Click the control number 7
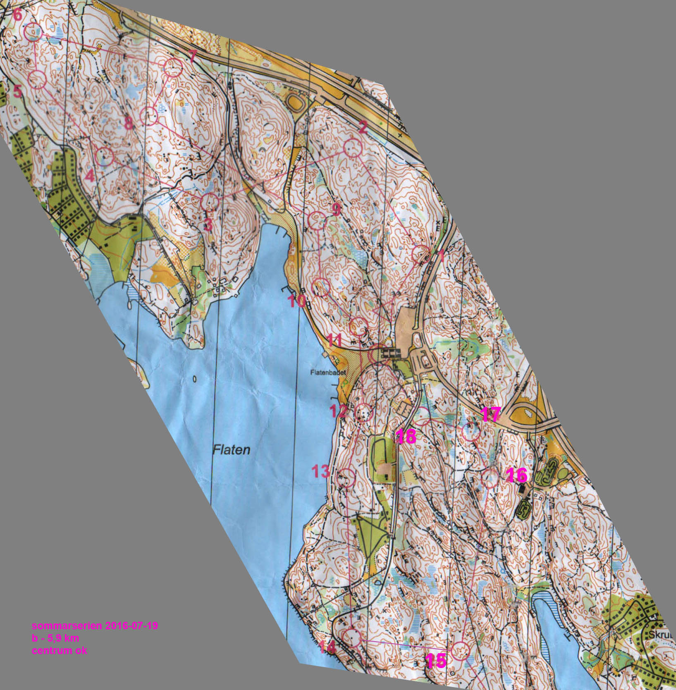(192, 56)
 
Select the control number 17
(491, 414)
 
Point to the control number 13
(321, 471)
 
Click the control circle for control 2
(353, 148)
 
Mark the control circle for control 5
(37, 79)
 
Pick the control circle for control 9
(317, 220)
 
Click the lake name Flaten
(232, 449)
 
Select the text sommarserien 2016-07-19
(95, 626)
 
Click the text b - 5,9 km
(55, 638)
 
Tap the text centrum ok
(60, 650)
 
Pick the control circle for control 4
(104, 156)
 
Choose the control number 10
(297, 301)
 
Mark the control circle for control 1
(421, 254)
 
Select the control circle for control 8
(149, 116)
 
